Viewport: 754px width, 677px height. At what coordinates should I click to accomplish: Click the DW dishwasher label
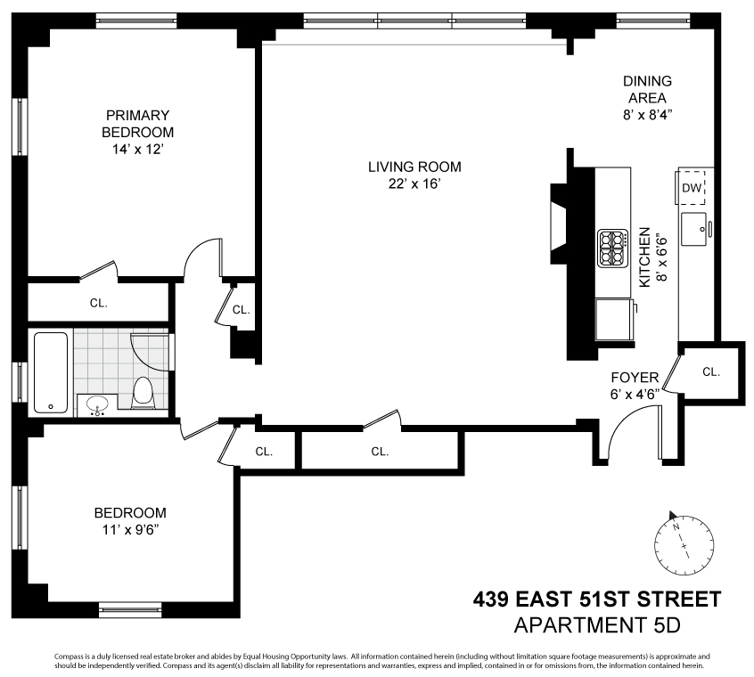[x=692, y=188]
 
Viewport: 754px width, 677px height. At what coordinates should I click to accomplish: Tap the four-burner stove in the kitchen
[x=612, y=249]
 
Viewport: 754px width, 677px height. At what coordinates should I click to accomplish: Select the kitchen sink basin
[x=694, y=230]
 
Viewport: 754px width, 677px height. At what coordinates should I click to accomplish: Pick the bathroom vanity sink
[x=98, y=404]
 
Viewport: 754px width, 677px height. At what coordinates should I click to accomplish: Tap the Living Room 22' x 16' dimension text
[x=414, y=184]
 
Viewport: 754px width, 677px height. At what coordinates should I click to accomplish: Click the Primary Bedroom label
[x=137, y=124]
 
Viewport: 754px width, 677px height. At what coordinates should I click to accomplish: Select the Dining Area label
[x=647, y=89]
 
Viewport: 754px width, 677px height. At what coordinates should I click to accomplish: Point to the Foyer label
[x=635, y=378]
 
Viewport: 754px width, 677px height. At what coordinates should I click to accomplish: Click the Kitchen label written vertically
[x=644, y=257]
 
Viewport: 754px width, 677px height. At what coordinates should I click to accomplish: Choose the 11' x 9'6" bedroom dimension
[x=130, y=530]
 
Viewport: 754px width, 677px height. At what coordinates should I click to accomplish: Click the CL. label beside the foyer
[x=711, y=371]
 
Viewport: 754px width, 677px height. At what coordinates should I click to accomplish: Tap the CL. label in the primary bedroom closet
[x=99, y=303]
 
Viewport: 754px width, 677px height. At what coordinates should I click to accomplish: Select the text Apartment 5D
[x=597, y=625]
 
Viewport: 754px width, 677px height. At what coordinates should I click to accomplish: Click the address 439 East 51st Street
[x=597, y=600]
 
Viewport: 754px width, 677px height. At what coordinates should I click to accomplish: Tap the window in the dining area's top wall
[x=653, y=20]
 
